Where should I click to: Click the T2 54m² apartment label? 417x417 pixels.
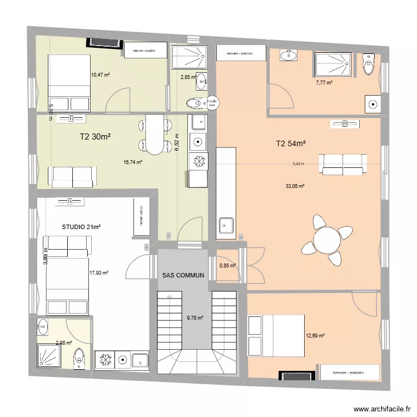click(x=292, y=144)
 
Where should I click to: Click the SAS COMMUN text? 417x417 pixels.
click(x=183, y=275)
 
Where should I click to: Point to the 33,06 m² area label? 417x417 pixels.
click(x=295, y=186)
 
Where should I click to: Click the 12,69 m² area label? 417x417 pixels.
click(x=315, y=335)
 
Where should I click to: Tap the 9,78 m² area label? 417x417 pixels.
click(x=195, y=317)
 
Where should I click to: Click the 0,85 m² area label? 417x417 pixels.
click(x=227, y=265)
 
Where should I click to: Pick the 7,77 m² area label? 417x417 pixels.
click(x=324, y=82)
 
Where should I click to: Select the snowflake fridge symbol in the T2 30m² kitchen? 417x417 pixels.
click(x=197, y=161)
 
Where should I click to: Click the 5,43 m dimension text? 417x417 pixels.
click(x=299, y=164)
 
